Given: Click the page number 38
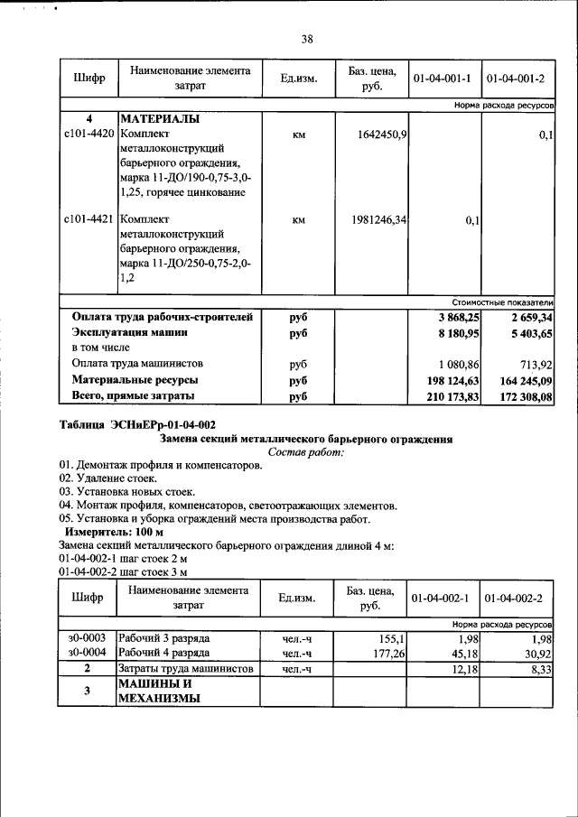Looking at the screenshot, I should (307, 39).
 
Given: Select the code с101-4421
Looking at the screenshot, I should (89, 219).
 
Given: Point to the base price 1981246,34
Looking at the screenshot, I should (375, 219).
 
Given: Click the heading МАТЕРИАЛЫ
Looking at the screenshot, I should (160, 119).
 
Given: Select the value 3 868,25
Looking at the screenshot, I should (457, 318).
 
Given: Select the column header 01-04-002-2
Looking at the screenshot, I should (516, 599).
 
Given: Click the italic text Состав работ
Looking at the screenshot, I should (306, 452).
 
